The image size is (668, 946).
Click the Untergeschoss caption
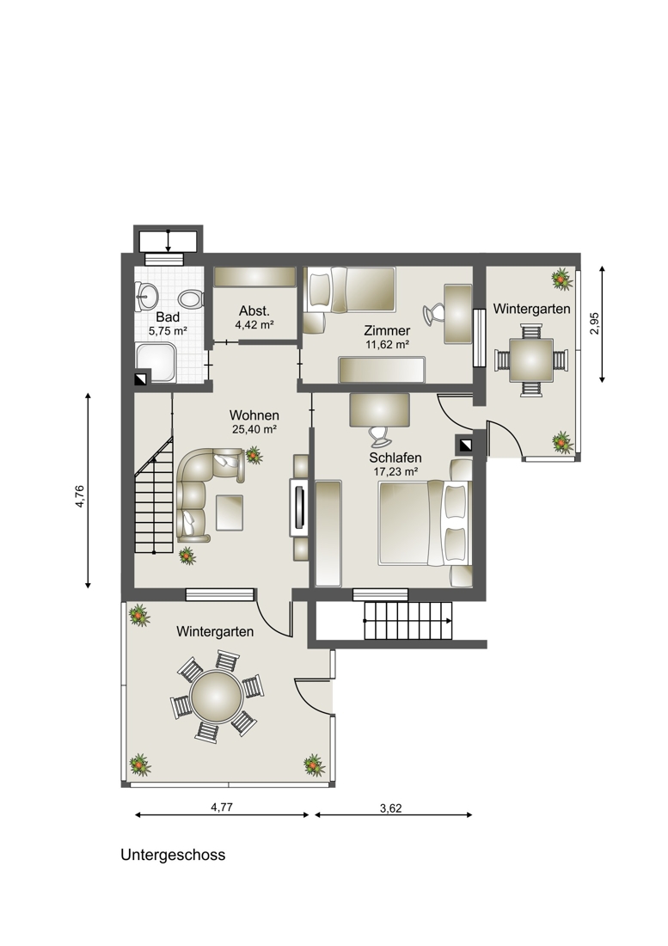coord(173,855)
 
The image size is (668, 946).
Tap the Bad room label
coord(168,316)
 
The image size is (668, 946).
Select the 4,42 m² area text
coord(254,324)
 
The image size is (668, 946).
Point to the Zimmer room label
coord(387,330)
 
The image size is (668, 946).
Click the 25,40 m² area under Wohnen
coord(254,429)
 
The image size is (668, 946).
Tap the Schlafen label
coord(395,458)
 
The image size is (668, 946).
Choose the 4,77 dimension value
coord(222,808)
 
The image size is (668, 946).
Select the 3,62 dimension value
coord(390,808)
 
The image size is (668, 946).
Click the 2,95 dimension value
coord(595,324)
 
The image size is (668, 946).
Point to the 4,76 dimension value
coord(80,496)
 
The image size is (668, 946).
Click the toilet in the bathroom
coord(191,298)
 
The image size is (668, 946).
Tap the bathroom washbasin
coord(146,296)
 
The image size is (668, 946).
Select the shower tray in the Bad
coord(156,362)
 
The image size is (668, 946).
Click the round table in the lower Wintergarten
coord(217,696)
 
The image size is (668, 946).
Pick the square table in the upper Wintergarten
coord(531,360)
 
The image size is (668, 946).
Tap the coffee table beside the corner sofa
coord(229,513)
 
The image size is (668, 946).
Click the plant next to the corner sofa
coord(254,455)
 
